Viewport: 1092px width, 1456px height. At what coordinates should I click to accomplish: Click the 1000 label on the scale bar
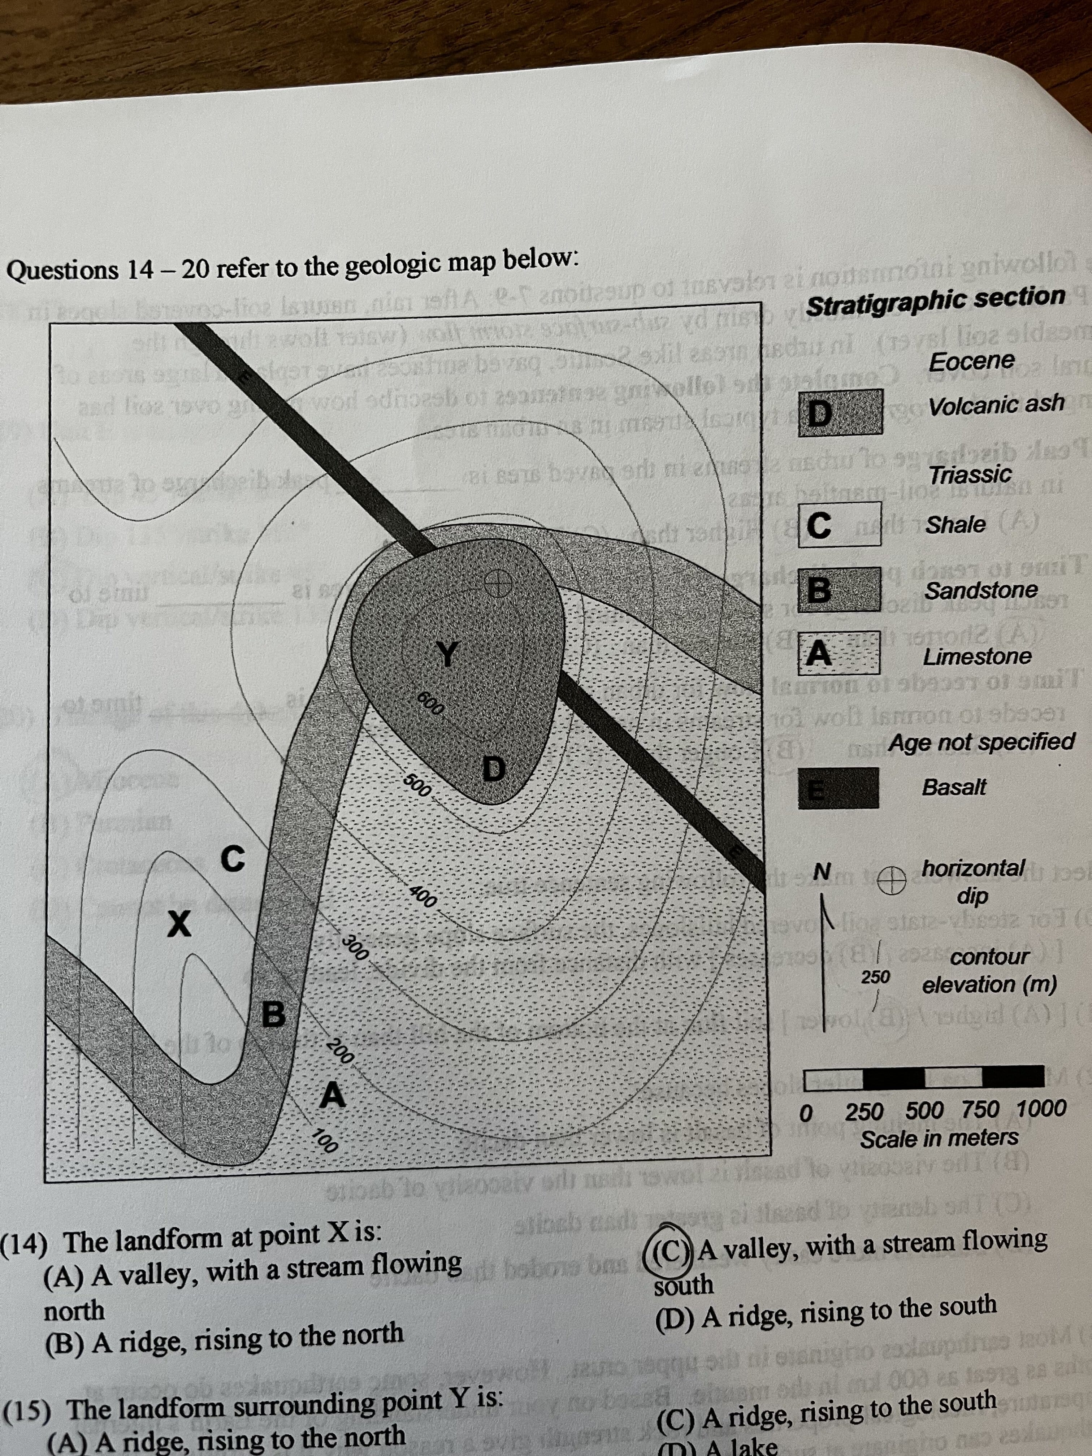[1041, 1109]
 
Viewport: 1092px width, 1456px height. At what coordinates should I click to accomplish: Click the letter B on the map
[273, 1014]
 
